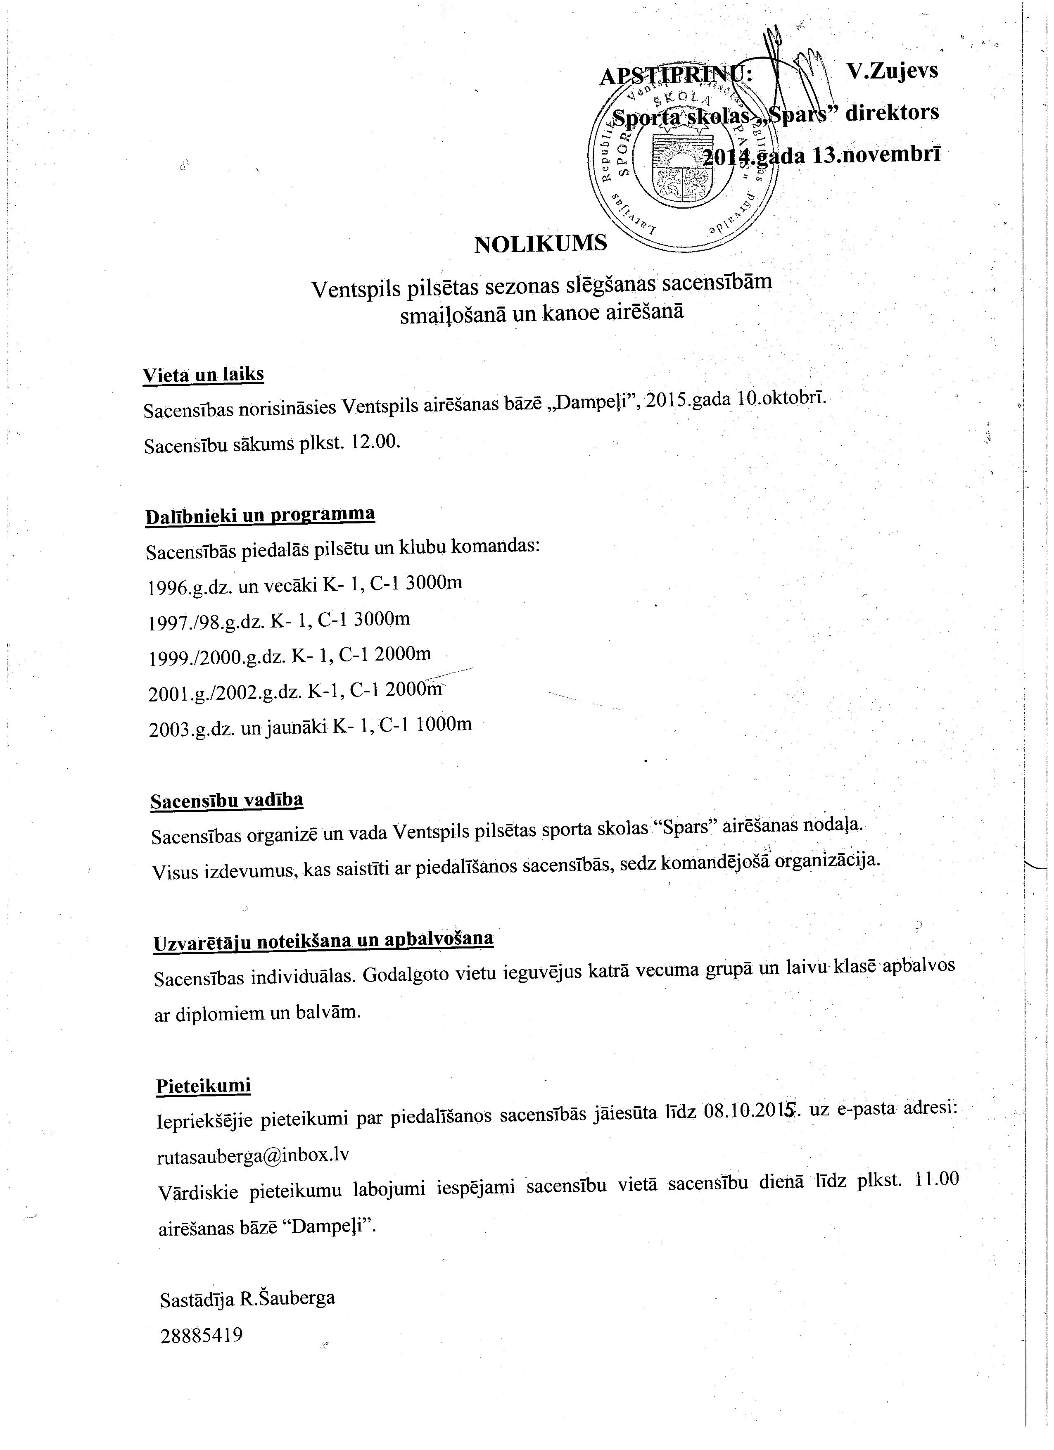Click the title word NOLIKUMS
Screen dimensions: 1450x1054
540,244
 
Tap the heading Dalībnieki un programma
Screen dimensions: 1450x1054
260,515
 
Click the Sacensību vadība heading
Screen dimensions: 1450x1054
227,801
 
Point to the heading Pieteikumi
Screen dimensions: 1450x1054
203,1086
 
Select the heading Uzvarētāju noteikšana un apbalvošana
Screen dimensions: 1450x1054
323,941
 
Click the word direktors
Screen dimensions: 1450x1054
892,113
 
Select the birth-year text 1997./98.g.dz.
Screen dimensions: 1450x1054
207,622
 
